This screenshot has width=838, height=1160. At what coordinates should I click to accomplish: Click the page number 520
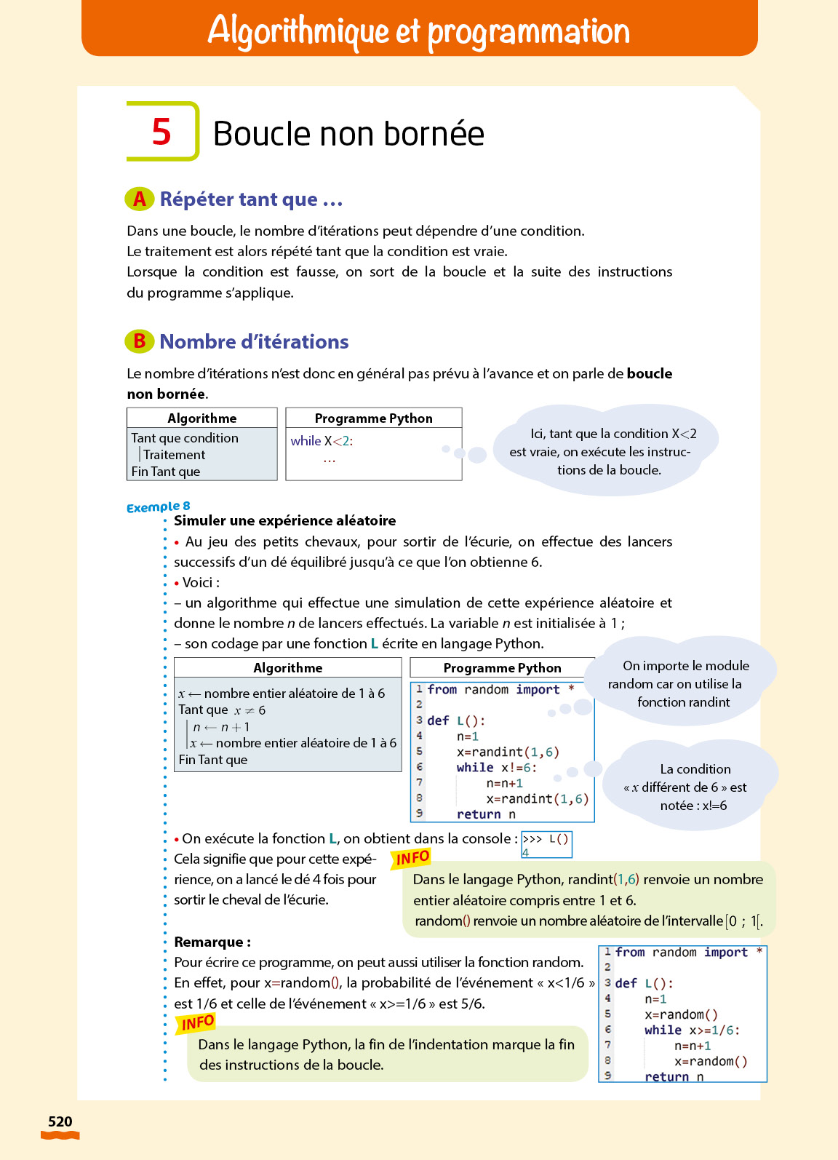[60, 1121]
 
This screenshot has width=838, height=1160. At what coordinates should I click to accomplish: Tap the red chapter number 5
[161, 132]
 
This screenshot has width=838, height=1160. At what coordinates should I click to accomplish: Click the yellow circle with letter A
[139, 199]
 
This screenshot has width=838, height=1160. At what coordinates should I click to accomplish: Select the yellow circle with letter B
[139, 341]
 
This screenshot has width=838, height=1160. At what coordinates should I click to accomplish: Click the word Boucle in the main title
[261, 134]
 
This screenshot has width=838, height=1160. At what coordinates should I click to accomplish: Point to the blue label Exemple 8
[158, 506]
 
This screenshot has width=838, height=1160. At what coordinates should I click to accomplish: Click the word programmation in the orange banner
[528, 31]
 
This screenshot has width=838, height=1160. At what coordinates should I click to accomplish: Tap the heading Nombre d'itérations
[254, 342]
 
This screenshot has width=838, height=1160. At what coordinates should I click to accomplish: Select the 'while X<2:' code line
[322, 441]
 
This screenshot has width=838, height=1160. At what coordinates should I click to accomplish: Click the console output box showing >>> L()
[546, 844]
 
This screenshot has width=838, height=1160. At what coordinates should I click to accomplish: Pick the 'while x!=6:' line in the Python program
[496, 768]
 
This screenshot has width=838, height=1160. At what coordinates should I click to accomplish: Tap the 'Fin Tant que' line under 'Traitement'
[166, 472]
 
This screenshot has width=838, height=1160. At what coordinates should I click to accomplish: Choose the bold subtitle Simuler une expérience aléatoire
[284, 520]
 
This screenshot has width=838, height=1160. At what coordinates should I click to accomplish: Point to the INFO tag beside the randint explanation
[412, 859]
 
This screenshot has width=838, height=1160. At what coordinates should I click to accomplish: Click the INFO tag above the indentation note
[197, 1024]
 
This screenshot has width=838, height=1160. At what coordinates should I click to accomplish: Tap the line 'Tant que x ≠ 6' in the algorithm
[222, 710]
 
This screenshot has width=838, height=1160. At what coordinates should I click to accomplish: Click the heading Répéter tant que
[251, 199]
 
